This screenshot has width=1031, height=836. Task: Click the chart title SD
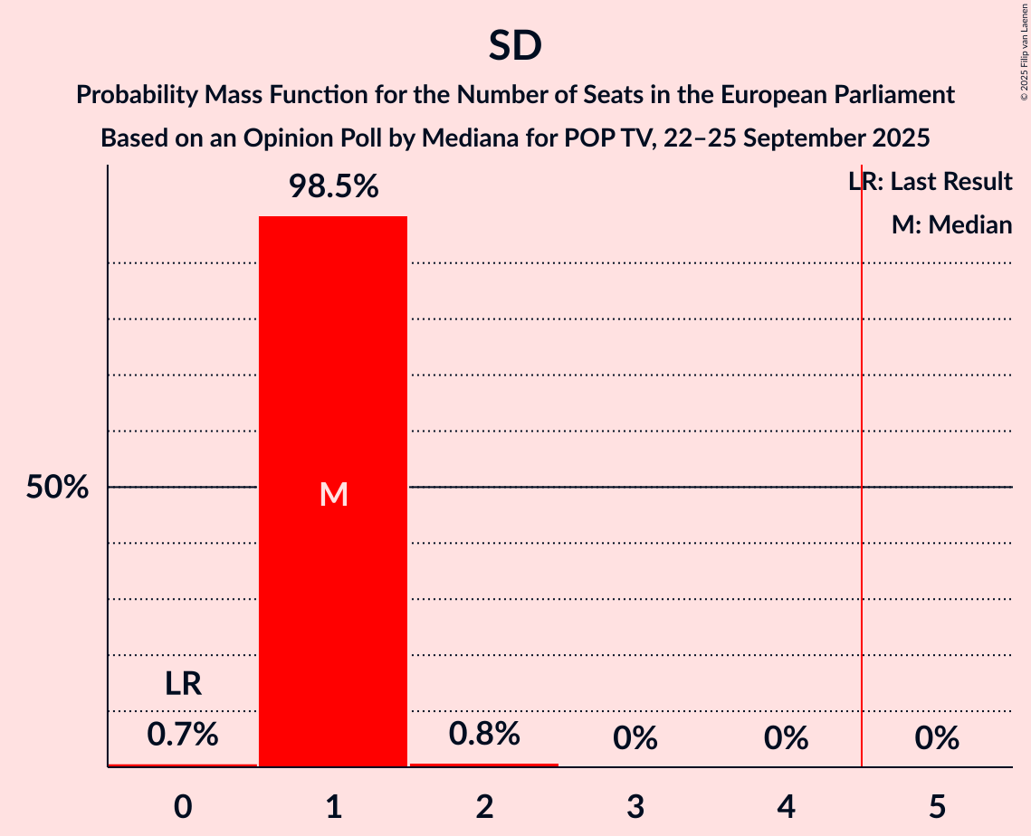[x=515, y=46]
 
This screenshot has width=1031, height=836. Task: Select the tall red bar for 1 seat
[x=333, y=588]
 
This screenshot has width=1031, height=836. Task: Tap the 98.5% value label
[x=333, y=187]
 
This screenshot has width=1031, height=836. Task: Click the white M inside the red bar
[x=334, y=494]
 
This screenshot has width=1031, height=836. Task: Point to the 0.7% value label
[x=183, y=734]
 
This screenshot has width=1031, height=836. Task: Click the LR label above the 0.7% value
[x=183, y=684]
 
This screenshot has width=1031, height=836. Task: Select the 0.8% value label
[x=484, y=734]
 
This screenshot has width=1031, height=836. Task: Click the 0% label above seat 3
[x=635, y=738]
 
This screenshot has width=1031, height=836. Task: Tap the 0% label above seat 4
[x=786, y=738]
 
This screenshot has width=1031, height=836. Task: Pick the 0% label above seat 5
[x=936, y=738]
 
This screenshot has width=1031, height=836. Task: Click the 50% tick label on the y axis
[x=57, y=488]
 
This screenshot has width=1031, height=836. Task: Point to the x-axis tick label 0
[x=183, y=805]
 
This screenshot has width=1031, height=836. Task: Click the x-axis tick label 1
[x=334, y=805]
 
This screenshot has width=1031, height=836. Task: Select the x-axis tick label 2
[x=484, y=805]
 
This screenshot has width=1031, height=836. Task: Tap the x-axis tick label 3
[x=635, y=805]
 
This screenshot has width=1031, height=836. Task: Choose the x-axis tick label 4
[x=786, y=805]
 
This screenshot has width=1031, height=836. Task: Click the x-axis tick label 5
[x=937, y=805]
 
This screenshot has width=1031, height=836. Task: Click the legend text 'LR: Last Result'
[x=931, y=182]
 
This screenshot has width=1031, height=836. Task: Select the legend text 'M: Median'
[x=951, y=224]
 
